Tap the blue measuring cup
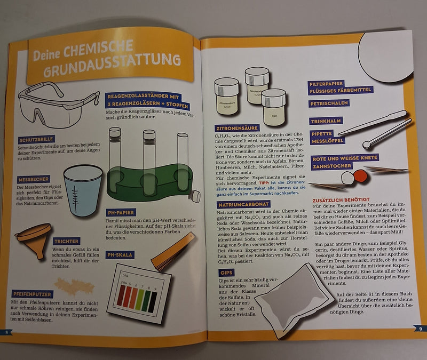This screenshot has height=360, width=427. point(83,189)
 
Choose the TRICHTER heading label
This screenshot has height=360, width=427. point(67,242)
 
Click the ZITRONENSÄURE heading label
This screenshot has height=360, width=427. point(237,128)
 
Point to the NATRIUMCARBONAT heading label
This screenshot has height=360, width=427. point(243,204)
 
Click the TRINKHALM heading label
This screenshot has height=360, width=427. point(326,122)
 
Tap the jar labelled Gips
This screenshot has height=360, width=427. point(274,107)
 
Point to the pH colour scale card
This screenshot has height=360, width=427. point(138,291)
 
